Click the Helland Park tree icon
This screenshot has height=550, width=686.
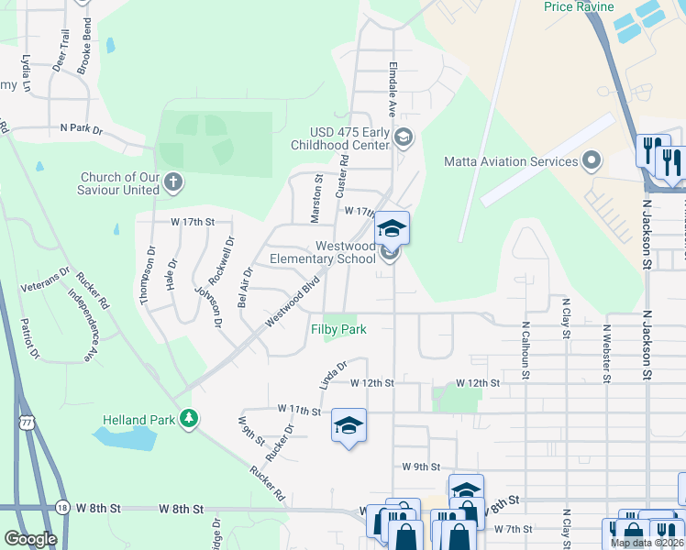click(x=189, y=419)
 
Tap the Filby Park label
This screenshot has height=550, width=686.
click(x=338, y=329)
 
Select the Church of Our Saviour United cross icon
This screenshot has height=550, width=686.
click(x=173, y=183)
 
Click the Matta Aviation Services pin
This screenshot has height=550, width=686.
click(x=592, y=162)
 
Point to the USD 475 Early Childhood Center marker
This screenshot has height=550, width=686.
click(x=404, y=137)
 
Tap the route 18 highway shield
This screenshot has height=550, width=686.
click(x=61, y=507)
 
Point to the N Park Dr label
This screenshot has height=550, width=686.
click(x=82, y=129)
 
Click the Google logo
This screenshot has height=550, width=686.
click(x=30, y=539)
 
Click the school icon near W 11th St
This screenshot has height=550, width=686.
click(x=349, y=426)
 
